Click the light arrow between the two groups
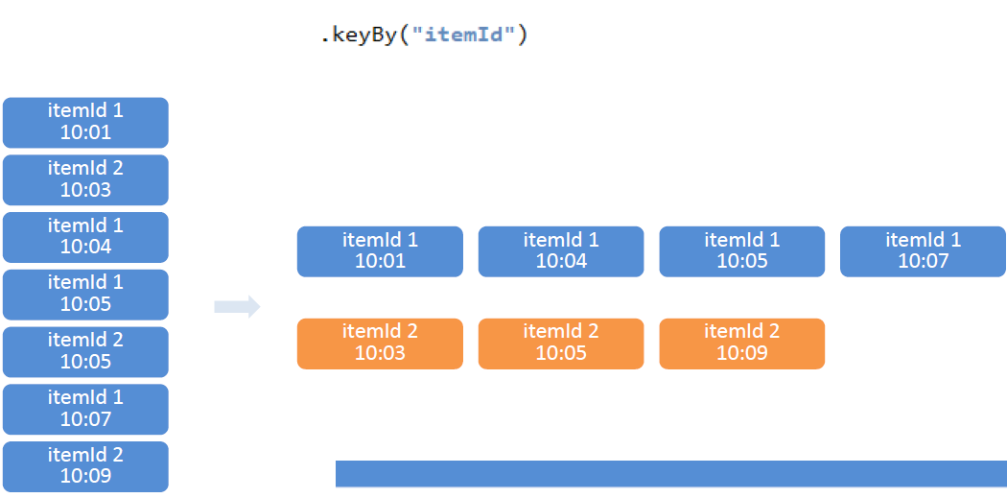point(237,307)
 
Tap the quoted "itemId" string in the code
point(463,35)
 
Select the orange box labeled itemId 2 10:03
point(380,344)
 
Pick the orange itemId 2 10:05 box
point(561,344)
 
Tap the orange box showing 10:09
point(741,344)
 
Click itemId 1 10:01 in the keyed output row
point(380,252)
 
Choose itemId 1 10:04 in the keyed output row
point(561,252)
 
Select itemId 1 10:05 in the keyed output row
point(741,252)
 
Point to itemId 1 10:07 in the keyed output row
point(923,252)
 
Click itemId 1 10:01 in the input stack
point(85,123)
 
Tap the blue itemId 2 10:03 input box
point(85,180)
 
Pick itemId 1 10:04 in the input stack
point(85,237)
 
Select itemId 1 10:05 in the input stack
point(85,295)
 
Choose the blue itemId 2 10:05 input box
point(85,352)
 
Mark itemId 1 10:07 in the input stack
point(85,410)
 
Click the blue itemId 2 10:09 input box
point(85,466)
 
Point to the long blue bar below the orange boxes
point(671,474)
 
